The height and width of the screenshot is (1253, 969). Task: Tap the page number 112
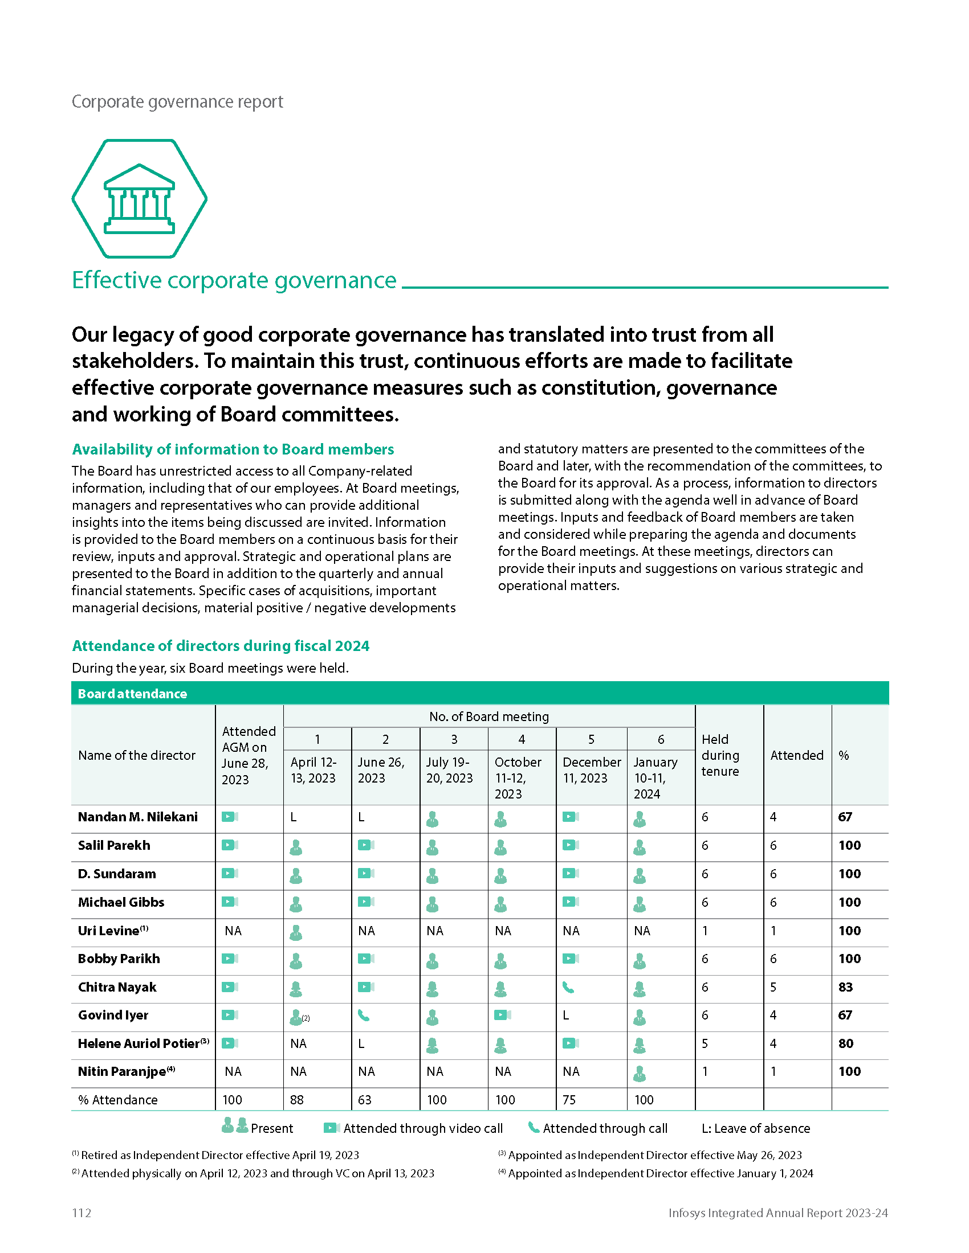coord(82,1212)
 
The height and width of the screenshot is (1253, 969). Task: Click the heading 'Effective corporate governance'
coord(234,281)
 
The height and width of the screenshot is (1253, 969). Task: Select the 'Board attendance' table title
coord(133,694)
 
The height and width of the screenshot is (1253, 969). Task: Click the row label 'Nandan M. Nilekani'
coord(138,817)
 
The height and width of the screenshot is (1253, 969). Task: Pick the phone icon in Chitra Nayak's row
coord(568,988)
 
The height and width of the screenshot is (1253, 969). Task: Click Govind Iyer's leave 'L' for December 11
coord(566,1015)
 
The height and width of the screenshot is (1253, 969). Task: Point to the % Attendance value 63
coord(365,1100)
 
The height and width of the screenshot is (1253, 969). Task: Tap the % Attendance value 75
coord(569,1100)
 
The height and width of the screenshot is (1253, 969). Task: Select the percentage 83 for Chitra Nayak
coord(845,988)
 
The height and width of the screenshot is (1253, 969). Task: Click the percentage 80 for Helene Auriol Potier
coord(845,1043)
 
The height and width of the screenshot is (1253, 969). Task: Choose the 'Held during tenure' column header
coord(720,755)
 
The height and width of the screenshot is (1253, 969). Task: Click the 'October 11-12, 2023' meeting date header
coord(518,778)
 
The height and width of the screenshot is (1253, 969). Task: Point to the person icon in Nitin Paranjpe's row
coord(640,1073)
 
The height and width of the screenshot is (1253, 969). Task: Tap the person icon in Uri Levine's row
coord(296,932)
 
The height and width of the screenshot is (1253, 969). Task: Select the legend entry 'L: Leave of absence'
coord(755,1128)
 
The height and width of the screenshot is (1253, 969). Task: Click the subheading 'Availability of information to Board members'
coord(233,449)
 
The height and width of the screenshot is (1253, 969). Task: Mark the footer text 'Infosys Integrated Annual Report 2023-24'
coord(778,1212)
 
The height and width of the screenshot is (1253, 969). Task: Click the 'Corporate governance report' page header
coord(177,101)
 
